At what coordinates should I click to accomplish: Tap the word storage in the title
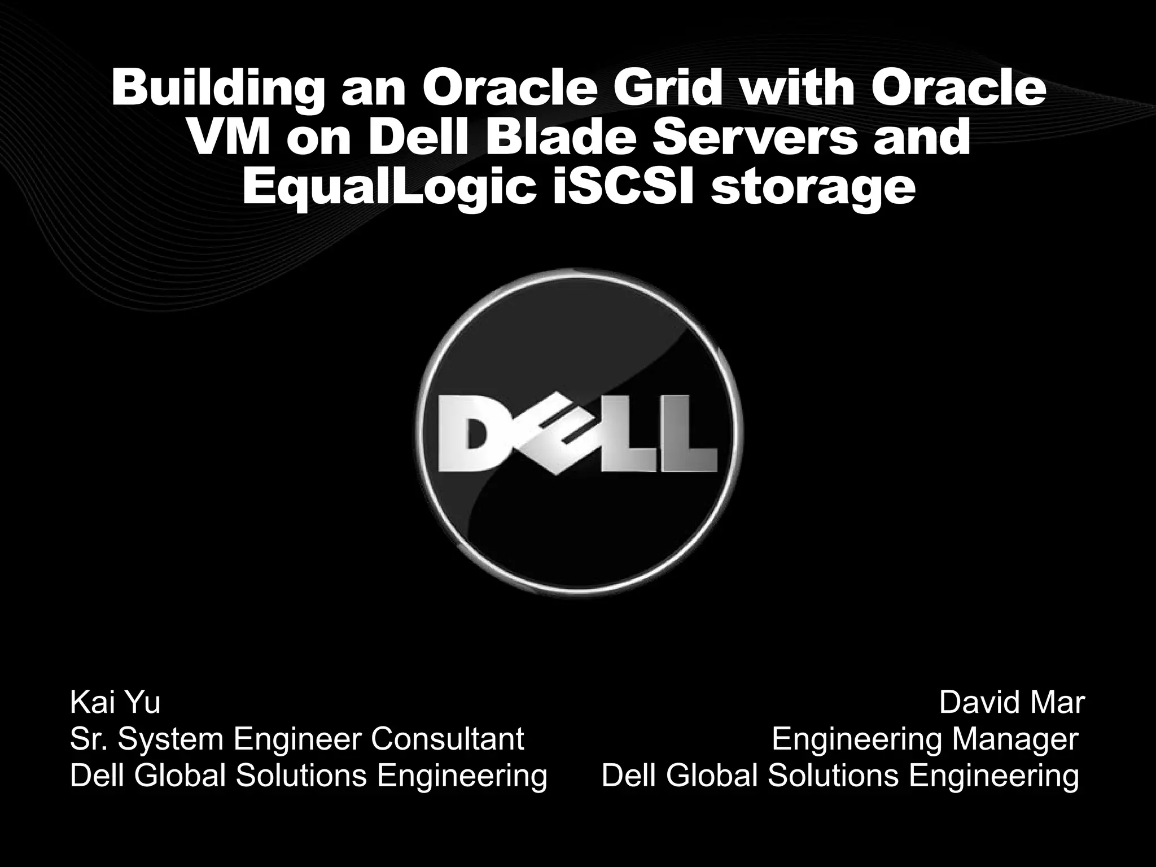pyautogui.click(x=812, y=189)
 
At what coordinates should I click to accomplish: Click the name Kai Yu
pyautogui.click(x=115, y=703)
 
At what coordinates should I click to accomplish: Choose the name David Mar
pyautogui.click(x=1011, y=703)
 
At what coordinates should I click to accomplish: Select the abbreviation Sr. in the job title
pyautogui.click(x=90, y=739)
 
